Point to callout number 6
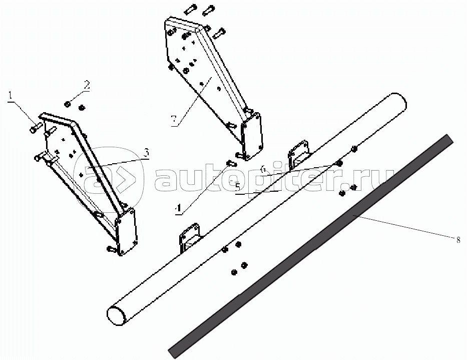click(x=262, y=170)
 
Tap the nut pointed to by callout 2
click(x=67, y=104)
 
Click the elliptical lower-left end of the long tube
click(x=117, y=315)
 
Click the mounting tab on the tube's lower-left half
click(x=188, y=237)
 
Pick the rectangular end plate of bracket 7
click(x=251, y=134)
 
